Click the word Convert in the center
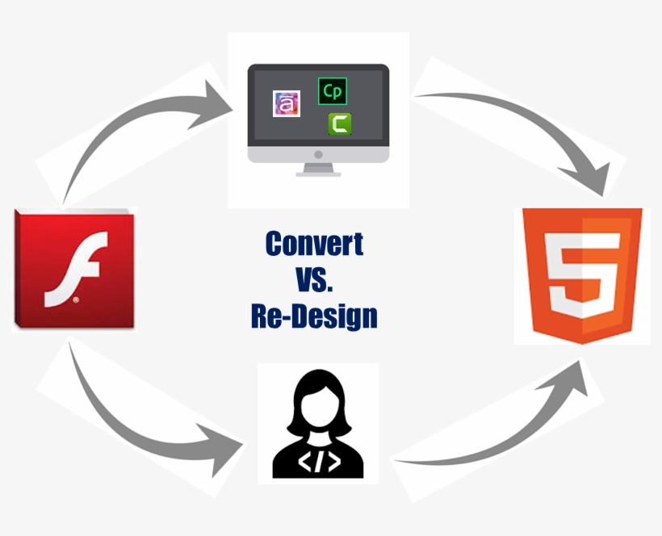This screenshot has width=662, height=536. [315, 244]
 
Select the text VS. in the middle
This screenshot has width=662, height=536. [315, 279]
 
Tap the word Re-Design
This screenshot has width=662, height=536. [314, 316]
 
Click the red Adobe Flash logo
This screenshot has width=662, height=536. [74, 269]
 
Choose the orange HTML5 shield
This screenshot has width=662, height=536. [582, 275]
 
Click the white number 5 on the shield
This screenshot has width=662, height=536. [582, 274]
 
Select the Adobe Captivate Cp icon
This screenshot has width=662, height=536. [333, 91]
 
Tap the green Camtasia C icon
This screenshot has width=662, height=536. [340, 124]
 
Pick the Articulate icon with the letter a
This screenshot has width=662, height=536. [287, 103]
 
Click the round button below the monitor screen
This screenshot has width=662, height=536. [318, 154]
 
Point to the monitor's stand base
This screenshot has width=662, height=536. [318, 174]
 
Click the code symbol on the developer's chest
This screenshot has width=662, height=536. [319, 463]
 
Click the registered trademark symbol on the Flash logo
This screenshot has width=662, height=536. [76, 299]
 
